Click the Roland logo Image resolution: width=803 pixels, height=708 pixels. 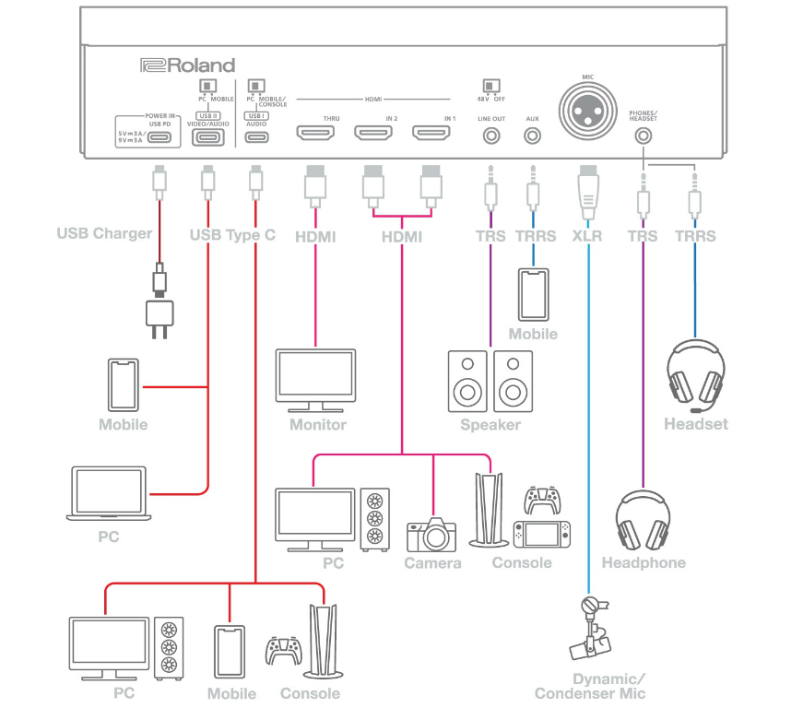point(187,65)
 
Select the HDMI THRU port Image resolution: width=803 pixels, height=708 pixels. point(316,135)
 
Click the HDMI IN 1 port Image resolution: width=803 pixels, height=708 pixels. point(431,135)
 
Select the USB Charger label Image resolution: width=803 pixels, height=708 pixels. point(104,233)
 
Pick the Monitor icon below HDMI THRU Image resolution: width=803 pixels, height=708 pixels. point(316,380)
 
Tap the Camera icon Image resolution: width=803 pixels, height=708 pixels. point(431,535)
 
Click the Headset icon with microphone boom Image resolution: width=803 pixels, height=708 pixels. point(697,376)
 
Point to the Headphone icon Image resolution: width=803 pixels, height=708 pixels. point(643,521)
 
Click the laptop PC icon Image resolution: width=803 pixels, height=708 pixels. point(108,494)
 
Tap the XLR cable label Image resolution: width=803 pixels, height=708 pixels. point(587,236)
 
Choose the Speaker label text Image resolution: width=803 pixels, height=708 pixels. point(490,425)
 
